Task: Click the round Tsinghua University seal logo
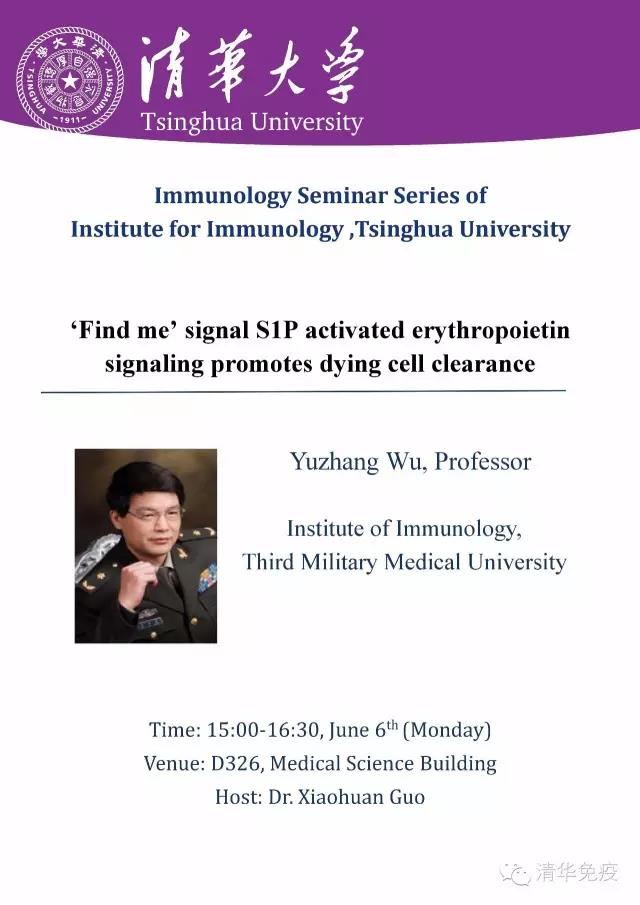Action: coord(70,79)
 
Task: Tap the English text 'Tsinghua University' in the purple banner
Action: coord(252,122)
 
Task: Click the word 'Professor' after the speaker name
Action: coord(482,462)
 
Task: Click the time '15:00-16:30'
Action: coord(263,730)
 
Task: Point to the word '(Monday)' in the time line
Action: coord(447,730)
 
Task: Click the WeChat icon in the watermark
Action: coord(516,872)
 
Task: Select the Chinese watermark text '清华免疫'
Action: coord(577,872)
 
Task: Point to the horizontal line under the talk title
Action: coord(304,391)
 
